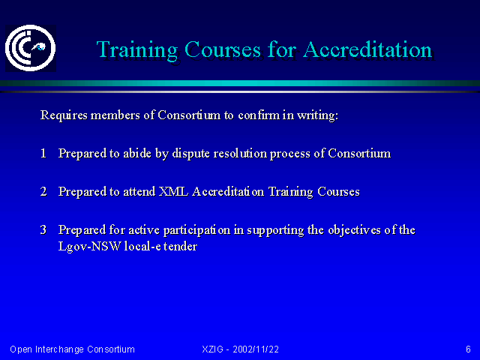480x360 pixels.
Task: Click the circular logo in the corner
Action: (x=31, y=48)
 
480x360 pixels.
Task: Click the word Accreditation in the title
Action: (x=367, y=49)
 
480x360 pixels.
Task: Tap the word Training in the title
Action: (x=137, y=50)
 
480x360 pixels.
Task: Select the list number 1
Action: (x=43, y=153)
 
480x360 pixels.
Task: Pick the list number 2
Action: (x=43, y=191)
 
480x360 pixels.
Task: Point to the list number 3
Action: (x=43, y=229)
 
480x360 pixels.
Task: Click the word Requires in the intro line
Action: (x=64, y=115)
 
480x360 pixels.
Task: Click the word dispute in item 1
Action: (x=190, y=154)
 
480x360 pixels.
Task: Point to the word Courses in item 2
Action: (x=338, y=191)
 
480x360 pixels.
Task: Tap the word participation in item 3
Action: (x=196, y=230)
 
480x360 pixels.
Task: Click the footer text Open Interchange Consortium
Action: (x=72, y=349)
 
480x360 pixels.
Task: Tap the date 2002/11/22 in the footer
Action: (x=256, y=349)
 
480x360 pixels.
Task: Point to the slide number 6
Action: (x=468, y=349)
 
